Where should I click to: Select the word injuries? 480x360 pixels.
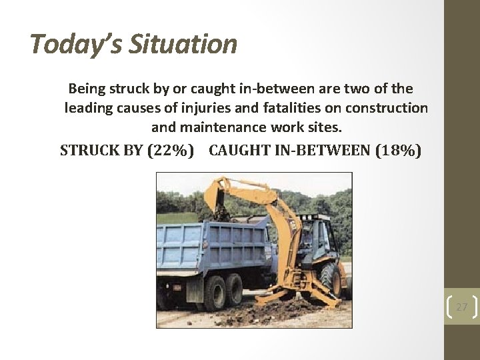coord(197,107)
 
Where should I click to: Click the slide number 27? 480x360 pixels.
coord(461,307)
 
